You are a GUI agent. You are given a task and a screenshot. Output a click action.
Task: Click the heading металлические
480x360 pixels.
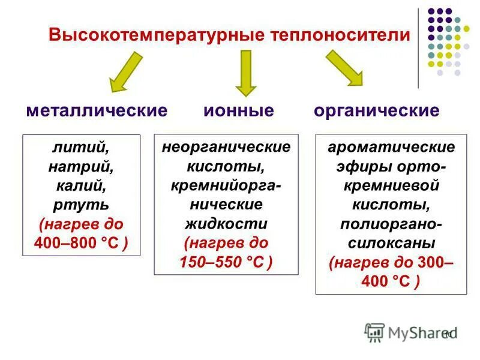point(97,110)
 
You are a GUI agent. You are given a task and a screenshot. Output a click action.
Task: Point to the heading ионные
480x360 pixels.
point(238,110)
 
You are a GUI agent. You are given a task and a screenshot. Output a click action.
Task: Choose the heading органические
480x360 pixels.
point(376,110)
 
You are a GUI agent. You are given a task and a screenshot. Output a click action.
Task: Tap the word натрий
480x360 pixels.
point(82,166)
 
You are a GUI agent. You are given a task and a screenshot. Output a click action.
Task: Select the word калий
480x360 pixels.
point(82,185)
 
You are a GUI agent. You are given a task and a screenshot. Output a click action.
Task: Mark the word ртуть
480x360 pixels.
point(82,205)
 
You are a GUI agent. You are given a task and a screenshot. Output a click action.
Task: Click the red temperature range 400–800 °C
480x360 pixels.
point(82,244)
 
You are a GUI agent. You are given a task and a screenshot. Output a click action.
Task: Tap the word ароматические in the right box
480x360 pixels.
point(391,147)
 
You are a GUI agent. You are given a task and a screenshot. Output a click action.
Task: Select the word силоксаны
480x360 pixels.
point(391,244)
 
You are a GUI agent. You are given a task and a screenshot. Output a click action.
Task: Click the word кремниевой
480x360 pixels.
point(391,185)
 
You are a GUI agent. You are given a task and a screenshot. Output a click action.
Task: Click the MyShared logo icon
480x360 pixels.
point(374,332)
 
